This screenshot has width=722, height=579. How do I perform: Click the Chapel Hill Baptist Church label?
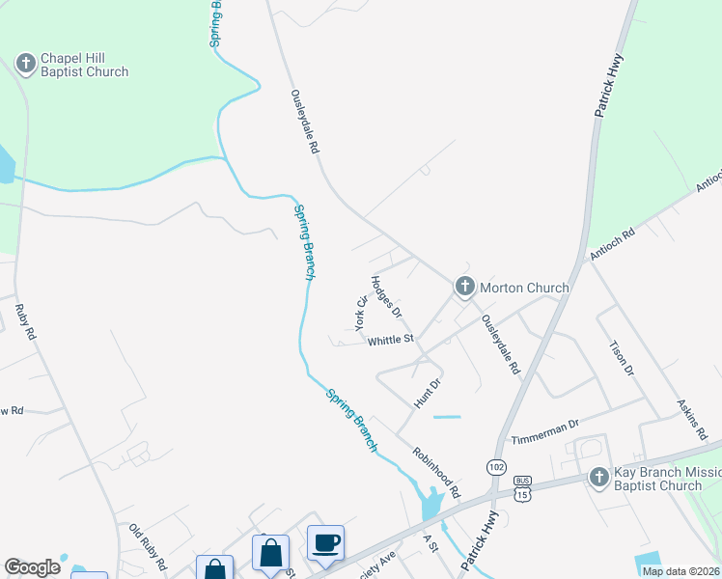coord(85,66)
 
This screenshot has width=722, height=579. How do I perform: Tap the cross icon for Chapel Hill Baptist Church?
coord(25,65)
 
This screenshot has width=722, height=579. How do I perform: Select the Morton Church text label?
coord(524,288)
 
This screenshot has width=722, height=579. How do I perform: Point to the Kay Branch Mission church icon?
coord(599,478)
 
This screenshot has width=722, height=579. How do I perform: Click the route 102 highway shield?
coord(496,466)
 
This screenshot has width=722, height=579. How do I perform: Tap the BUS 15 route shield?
coord(523,488)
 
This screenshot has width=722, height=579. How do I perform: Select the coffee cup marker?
coord(325,542)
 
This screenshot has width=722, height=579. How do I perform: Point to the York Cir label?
coord(363,314)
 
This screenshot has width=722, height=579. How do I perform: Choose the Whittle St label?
coord(390,340)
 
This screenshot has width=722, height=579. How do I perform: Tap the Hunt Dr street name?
coord(428,393)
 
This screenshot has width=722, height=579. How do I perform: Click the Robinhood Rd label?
coord(437,472)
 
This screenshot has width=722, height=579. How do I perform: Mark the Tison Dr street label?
coord(622,358)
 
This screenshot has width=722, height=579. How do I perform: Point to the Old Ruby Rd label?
coord(148,546)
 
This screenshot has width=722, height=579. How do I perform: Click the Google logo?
coord(32,567)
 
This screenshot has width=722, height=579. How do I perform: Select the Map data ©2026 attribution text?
coord(680,571)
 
